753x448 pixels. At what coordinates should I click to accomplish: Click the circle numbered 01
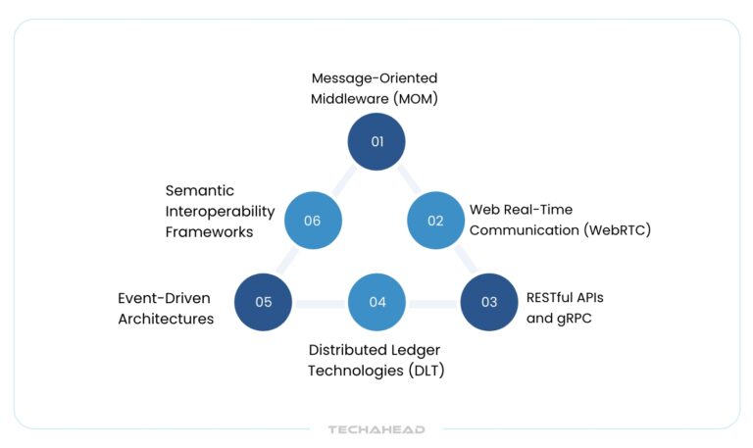click(376, 141)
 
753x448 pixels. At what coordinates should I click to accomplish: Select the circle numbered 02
click(435, 221)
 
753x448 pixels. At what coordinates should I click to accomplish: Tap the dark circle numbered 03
click(489, 302)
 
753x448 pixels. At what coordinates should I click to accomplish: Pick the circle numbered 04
click(377, 302)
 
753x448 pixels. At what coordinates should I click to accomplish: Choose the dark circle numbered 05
click(264, 302)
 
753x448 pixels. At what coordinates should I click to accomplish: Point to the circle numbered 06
click(313, 221)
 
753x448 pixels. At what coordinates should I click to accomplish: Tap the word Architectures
click(166, 318)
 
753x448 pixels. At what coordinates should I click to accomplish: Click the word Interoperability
click(220, 211)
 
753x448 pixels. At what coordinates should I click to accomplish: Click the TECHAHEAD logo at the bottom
click(376, 429)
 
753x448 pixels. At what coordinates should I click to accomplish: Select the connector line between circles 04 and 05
click(321, 303)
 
